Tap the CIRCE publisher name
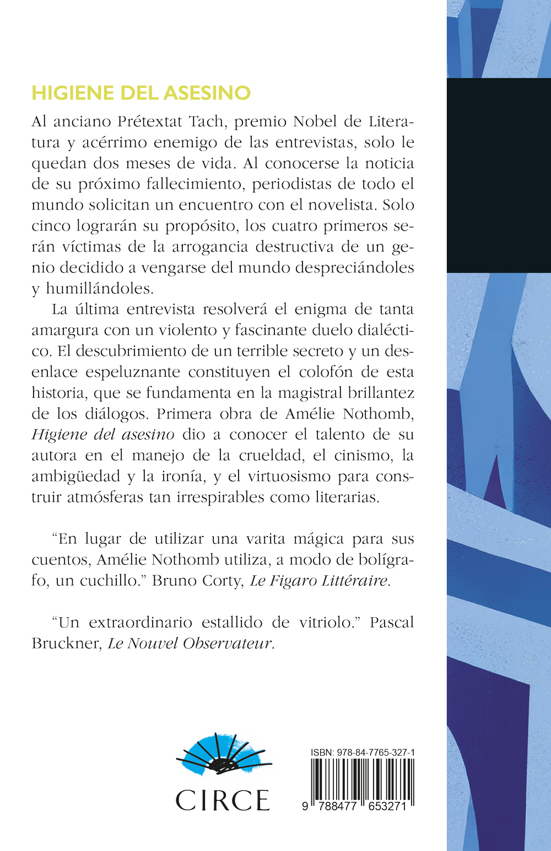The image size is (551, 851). tap(223, 800)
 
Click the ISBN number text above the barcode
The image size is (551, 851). tap(363, 752)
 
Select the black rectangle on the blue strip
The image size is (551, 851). tap(499, 175)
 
